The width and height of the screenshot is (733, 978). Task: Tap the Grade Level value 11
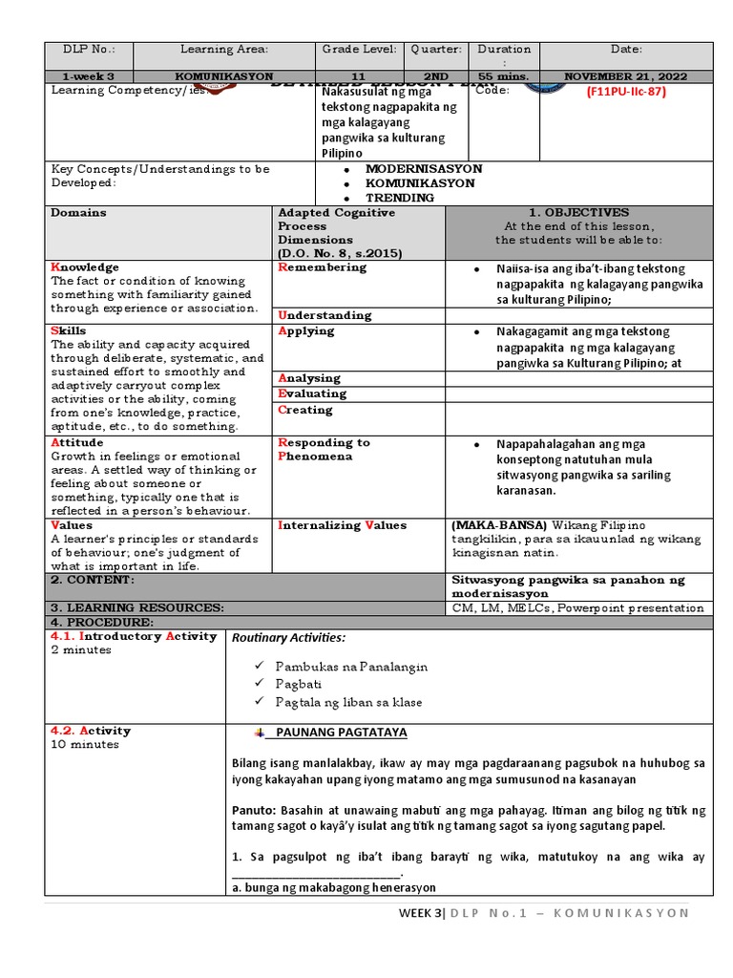(x=359, y=75)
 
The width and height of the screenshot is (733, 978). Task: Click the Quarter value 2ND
(x=437, y=75)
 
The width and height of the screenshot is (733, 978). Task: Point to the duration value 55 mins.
(x=504, y=75)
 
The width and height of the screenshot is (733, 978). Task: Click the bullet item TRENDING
(x=400, y=198)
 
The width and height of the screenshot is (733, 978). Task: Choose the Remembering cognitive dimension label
(x=322, y=268)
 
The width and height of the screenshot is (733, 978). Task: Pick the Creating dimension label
(x=305, y=410)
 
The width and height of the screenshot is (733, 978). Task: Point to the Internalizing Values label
(x=342, y=525)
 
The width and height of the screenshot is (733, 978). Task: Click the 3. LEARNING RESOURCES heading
(x=137, y=607)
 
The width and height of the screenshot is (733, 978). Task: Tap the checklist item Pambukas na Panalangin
(x=351, y=667)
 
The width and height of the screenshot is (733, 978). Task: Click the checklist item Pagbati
(x=299, y=684)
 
